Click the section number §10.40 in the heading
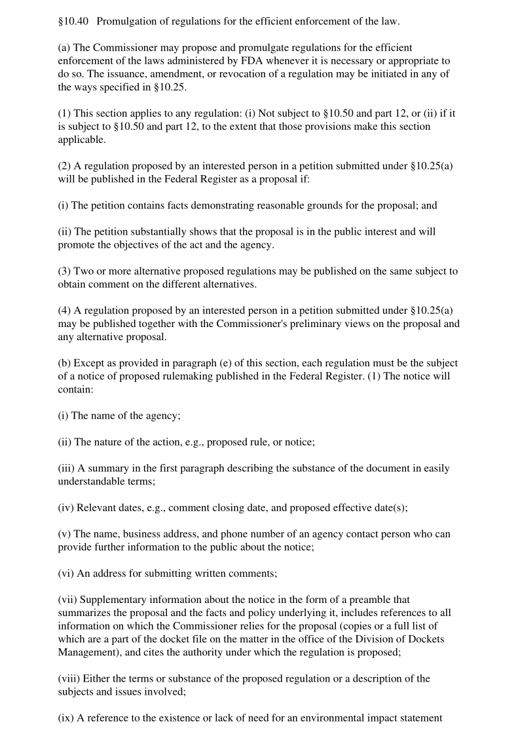click(x=73, y=22)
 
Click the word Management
click(x=88, y=652)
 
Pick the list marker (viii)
click(x=69, y=678)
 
